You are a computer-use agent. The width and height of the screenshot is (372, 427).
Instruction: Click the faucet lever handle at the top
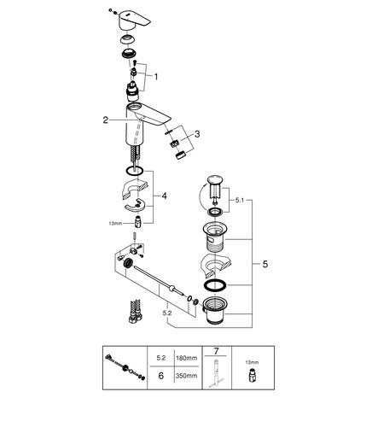point(134,20)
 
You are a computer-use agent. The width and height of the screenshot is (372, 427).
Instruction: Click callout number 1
point(155,77)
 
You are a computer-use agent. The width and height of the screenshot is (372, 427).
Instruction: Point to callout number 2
point(106,120)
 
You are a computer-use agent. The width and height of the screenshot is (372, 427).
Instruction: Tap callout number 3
point(197,134)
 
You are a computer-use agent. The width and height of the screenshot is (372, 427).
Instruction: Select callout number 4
point(164,196)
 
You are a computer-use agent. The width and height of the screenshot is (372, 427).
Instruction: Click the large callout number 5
point(264,264)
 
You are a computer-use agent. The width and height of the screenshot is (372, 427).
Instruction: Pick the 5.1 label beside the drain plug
point(240,201)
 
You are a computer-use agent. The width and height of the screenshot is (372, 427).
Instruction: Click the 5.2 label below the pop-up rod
point(167,313)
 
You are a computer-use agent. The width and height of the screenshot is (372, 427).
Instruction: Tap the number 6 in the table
point(161,376)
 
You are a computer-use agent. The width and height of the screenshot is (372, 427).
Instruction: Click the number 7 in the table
point(216,352)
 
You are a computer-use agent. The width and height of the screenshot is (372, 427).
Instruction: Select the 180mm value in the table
point(187,358)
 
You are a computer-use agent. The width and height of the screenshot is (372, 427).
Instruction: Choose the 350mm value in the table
point(187,376)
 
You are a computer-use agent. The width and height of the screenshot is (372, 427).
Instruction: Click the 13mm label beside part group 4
point(115,224)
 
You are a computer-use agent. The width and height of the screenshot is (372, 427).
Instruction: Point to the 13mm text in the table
point(252,362)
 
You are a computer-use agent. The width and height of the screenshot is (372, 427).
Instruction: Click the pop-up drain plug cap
point(216,180)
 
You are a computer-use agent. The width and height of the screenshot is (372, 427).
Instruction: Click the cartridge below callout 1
point(133,91)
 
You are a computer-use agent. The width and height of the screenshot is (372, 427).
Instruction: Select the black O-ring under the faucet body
point(134,171)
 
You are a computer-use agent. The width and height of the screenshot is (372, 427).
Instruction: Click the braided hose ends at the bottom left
point(135,311)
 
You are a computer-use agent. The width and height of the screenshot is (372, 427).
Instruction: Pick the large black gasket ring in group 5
point(215,285)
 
